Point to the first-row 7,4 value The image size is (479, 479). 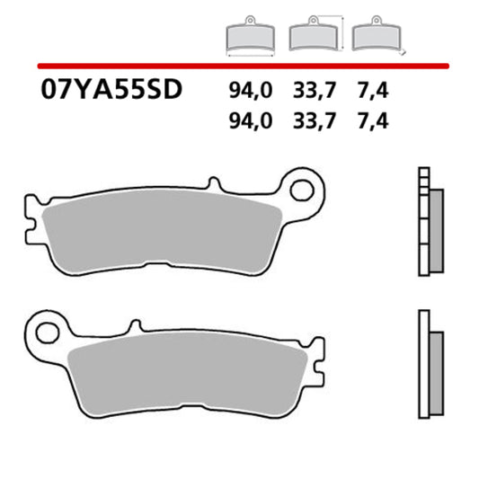[372, 91]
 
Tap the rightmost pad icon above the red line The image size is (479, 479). [373, 36]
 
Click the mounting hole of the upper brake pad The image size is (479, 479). [305, 191]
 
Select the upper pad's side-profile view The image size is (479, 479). [430, 221]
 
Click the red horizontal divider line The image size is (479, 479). [243, 66]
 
